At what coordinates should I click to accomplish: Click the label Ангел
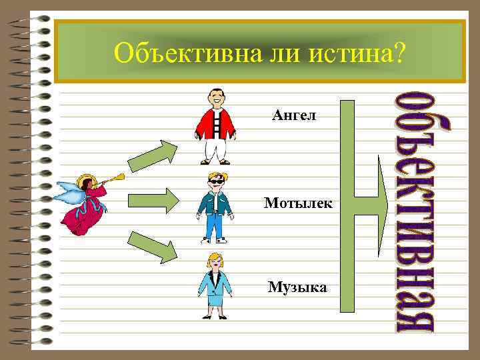coord(294,117)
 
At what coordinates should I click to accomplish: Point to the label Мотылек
coord(297,202)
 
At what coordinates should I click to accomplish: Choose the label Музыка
coord(297,287)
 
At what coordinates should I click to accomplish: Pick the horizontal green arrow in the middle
coord(153,199)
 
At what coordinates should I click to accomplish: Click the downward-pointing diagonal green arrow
coord(153,245)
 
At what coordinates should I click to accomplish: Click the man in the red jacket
coord(215,127)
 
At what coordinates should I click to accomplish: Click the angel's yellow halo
coord(85,181)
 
